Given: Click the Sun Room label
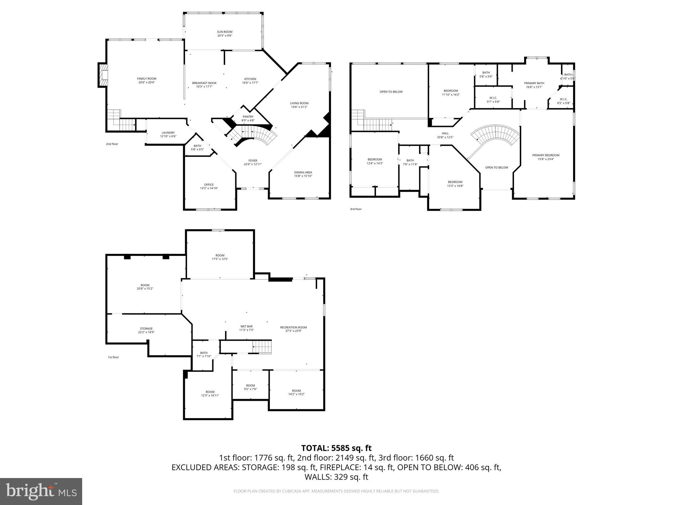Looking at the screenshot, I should tap(224, 32).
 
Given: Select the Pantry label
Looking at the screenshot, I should tap(248, 117).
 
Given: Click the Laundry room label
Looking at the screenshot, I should tap(168, 133).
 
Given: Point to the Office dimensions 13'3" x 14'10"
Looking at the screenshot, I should tap(209, 188).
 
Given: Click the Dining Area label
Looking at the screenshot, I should tap(303, 172).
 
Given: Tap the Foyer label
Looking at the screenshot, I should tap(253, 161).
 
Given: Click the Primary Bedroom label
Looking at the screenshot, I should tap(545, 155).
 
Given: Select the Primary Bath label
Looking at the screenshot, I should tap(534, 83).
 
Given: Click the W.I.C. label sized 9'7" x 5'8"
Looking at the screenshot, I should tap(493, 98).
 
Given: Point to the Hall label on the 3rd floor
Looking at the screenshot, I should tap(445, 133).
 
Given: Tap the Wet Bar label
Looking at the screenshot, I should tap(246, 326).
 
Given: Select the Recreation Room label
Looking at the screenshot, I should tap(293, 327).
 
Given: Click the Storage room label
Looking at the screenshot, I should tap(146, 328).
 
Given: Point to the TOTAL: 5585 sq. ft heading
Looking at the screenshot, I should tap(336, 448).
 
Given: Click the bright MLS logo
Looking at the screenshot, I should tap(41, 492).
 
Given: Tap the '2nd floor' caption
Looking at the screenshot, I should tap(112, 144).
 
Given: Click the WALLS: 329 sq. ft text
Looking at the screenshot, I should tap(336, 477).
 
